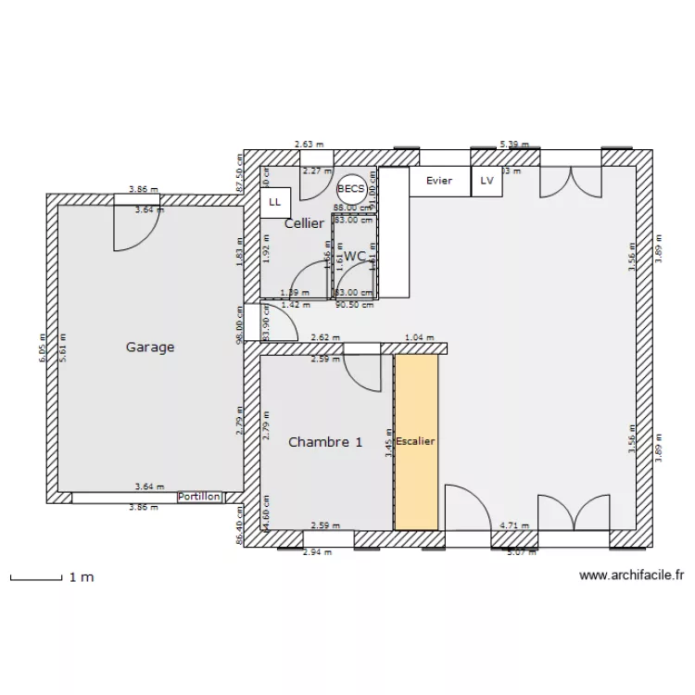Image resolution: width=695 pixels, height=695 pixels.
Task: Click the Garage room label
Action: (x=150, y=347)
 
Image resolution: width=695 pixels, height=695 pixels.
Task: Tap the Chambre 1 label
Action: (x=324, y=442)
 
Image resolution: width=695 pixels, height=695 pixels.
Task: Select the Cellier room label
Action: (x=304, y=223)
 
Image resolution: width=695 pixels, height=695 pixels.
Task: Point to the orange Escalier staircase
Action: (x=415, y=442)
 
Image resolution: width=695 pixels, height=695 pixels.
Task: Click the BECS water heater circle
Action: (x=351, y=187)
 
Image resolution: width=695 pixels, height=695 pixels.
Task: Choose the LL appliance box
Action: (x=275, y=201)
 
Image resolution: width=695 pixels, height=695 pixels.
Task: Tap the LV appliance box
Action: (x=487, y=182)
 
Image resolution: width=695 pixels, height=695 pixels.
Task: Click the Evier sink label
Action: (x=439, y=181)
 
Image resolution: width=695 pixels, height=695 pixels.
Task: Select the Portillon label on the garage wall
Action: (x=199, y=497)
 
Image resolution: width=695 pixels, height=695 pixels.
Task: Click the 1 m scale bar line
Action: (x=35, y=580)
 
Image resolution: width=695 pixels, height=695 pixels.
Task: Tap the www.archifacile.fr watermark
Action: (x=631, y=575)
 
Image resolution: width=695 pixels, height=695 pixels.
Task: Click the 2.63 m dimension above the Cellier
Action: (x=305, y=145)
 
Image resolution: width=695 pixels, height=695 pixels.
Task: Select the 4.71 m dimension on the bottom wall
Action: (x=514, y=525)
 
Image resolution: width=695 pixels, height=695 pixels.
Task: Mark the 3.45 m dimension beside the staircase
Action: (x=387, y=450)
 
